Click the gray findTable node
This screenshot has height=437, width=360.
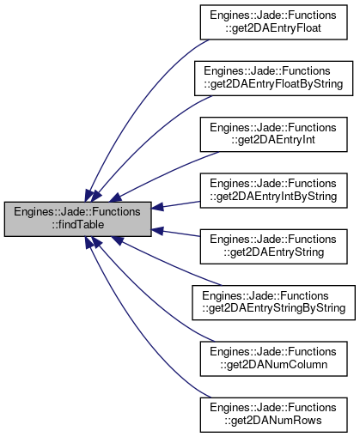tap(77, 219)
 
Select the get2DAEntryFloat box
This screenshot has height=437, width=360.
tap(273, 22)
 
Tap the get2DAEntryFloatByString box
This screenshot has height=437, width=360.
tap(273, 78)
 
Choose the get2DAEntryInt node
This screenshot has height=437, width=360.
tap(273, 134)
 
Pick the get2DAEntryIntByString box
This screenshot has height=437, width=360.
tap(273, 191)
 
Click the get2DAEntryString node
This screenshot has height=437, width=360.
tap(273, 246)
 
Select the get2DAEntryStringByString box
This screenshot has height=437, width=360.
tap(273, 302)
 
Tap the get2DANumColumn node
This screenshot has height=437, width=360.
tap(273, 359)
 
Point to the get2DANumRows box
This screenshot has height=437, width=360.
tap(273, 415)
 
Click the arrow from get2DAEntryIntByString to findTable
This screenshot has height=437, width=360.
tap(175, 205)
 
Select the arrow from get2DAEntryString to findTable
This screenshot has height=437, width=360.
tap(175, 233)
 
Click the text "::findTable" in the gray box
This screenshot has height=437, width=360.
tap(78, 225)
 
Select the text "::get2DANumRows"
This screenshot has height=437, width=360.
tap(273, 421)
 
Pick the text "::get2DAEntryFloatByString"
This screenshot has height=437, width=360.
tap(273, 84)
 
